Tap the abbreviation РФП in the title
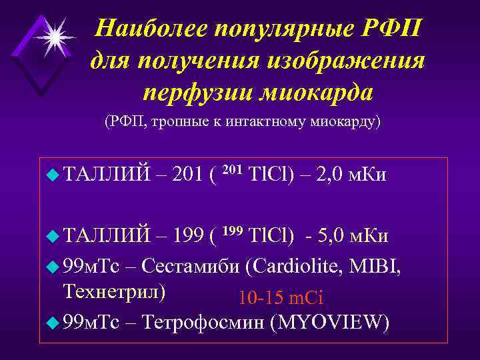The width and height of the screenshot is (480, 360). (392, 28)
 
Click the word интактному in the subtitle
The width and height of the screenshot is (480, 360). (253, 123)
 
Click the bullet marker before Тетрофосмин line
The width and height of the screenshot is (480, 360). (55, 323)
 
